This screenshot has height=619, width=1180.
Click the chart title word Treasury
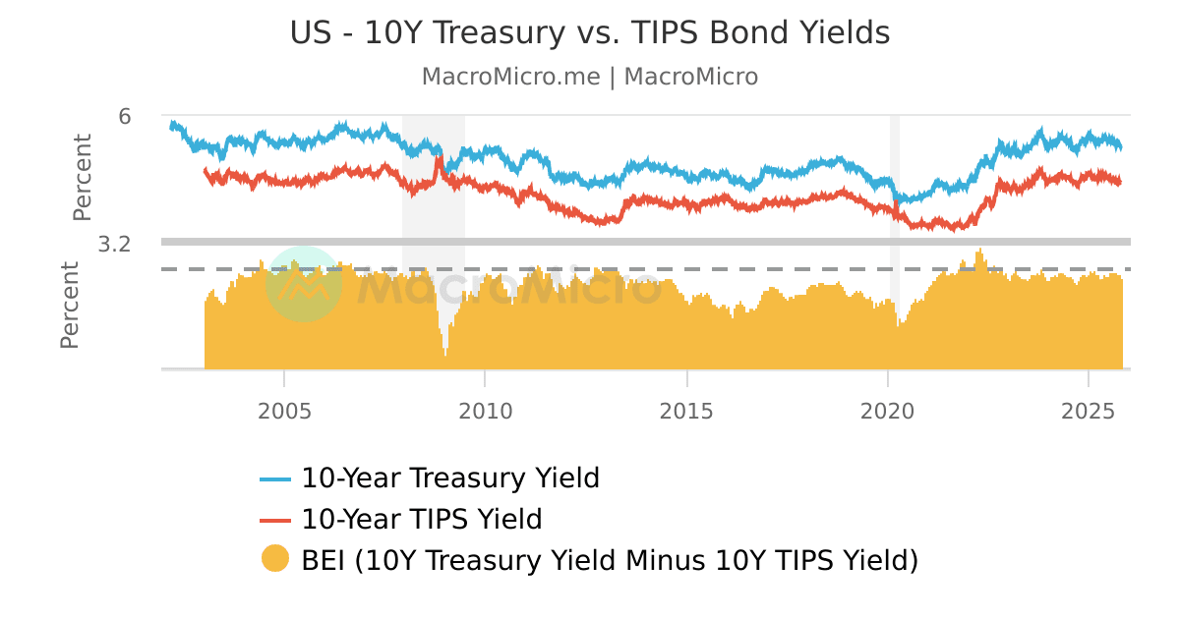(487, 33)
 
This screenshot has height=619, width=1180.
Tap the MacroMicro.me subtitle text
(510, 77)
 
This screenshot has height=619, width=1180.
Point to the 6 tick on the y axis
(125, 116)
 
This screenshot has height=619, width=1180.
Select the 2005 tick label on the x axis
(284, 411)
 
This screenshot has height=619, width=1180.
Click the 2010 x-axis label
(486, 411)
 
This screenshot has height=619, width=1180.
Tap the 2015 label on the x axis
(686, 411)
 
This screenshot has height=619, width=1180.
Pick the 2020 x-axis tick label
(888, 411)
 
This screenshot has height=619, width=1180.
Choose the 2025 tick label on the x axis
(1089, 411)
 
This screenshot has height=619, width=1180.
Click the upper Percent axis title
(83, 177)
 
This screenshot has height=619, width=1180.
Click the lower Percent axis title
(70, 306)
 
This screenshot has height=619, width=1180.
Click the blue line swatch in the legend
(275, 479)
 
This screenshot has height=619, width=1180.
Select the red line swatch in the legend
(275, 520)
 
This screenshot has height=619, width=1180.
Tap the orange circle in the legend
(275, 559)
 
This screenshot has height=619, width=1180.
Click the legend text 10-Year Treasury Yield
(450, 478)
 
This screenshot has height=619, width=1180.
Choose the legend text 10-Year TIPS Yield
(422, 519)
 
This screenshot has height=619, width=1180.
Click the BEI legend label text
(610, 560)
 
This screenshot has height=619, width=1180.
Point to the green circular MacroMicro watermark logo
(303, 284)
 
